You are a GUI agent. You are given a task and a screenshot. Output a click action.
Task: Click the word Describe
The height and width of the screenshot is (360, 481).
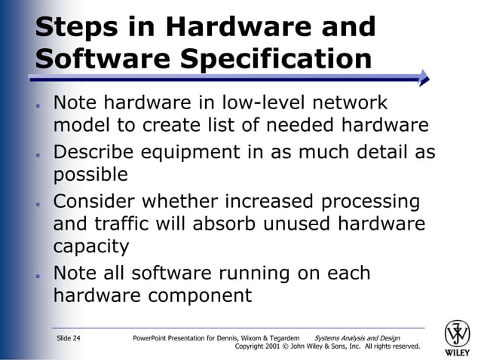tap(104, 152)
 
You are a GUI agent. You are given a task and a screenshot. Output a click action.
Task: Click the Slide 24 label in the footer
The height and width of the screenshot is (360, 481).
tap(69, 338)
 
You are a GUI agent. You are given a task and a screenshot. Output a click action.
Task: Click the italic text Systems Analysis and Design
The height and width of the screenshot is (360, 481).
tap(357, 338)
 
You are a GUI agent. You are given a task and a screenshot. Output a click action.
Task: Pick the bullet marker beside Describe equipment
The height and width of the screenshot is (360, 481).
tap(38, 154)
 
